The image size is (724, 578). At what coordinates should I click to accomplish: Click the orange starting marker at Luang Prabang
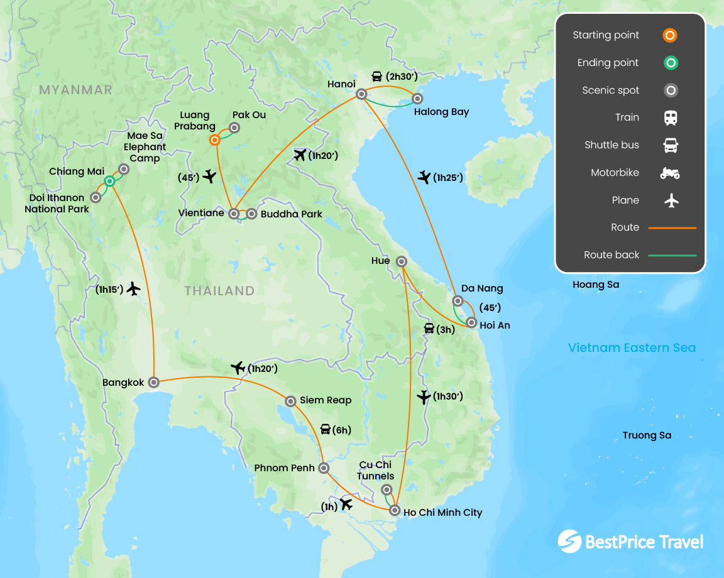click(215, 140)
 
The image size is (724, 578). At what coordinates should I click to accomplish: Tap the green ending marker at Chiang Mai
click(109, 181)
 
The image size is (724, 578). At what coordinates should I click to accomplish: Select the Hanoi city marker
click(361, 94)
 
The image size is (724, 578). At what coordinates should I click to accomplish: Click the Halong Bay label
click(441, 112)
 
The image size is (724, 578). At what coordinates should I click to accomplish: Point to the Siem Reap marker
click(290, 401)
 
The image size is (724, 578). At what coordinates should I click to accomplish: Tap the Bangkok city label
click(123, 382)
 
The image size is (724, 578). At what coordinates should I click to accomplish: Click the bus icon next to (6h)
click(326, 430)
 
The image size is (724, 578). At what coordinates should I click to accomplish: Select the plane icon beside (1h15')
click(133, 289)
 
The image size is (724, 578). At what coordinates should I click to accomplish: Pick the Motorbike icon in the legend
click(670, 173)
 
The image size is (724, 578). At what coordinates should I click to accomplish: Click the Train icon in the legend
click(671, 117)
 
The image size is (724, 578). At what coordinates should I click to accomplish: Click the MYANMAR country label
click(75, 90)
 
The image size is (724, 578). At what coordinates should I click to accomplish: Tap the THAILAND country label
click(219, 291)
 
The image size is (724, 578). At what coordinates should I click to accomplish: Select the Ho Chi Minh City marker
click(395, 510)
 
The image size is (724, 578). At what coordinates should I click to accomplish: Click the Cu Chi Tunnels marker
click(387, 489)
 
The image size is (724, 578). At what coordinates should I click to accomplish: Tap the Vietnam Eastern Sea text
click(632, 347)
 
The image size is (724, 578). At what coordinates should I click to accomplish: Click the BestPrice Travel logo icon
click(569, 542)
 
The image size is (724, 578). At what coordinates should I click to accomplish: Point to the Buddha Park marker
click(251, 214)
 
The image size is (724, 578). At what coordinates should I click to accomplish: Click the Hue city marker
click(401, 261)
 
